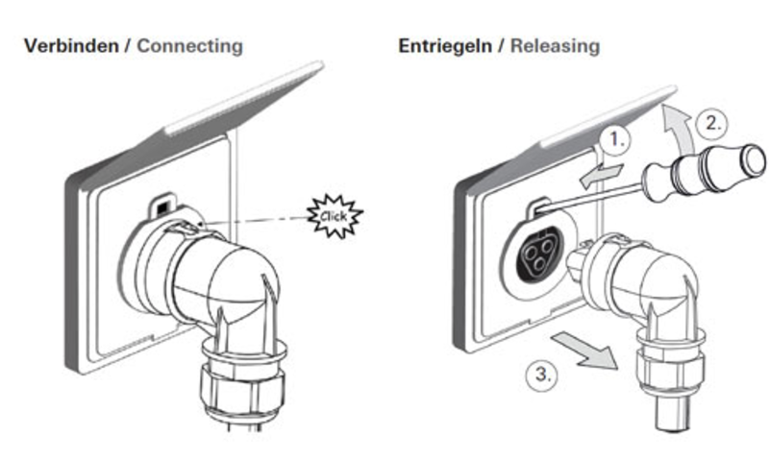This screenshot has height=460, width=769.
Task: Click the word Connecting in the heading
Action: coord(189,45)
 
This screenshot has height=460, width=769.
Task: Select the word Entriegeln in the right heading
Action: coord(443,45)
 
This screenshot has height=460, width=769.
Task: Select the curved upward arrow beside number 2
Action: coord(678,125)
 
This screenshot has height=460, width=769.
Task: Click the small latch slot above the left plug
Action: coord(162,205)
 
